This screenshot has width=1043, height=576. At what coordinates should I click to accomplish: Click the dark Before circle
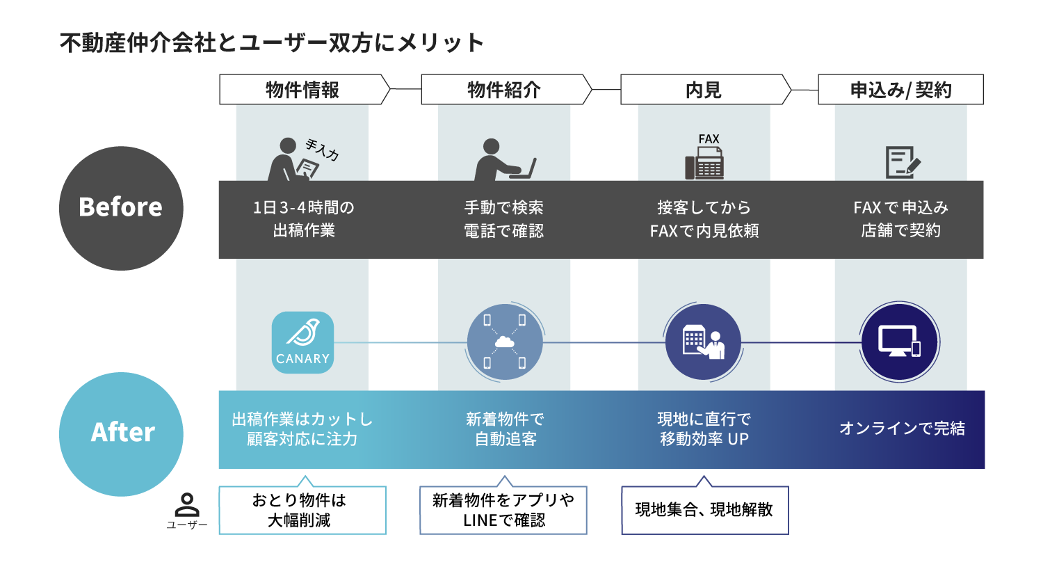[121, 208]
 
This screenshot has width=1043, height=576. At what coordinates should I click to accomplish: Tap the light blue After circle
[121, 433]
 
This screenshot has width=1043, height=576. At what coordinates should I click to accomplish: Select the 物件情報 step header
[303, 90]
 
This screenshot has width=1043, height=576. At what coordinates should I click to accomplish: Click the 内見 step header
[704, 90]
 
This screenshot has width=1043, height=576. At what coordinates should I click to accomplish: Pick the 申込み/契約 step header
[900, 90]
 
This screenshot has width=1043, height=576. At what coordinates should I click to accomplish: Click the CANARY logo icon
[302, 342]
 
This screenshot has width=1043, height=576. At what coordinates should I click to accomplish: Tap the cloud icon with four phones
[505, 342]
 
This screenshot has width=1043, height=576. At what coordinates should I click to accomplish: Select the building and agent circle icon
[703, 342]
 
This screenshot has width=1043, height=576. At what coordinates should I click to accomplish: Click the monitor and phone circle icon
[900, 342]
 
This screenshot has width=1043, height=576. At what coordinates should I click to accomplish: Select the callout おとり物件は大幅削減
[302, 510]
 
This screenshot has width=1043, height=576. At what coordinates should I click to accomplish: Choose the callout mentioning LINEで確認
[503, 510]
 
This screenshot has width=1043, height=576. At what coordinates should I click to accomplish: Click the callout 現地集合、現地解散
[704, 510]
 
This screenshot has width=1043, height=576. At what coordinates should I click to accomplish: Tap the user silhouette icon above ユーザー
[187, 504]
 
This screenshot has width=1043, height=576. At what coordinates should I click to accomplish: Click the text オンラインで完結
[902, 429]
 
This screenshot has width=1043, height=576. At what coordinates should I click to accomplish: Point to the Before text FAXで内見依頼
[704, 231]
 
